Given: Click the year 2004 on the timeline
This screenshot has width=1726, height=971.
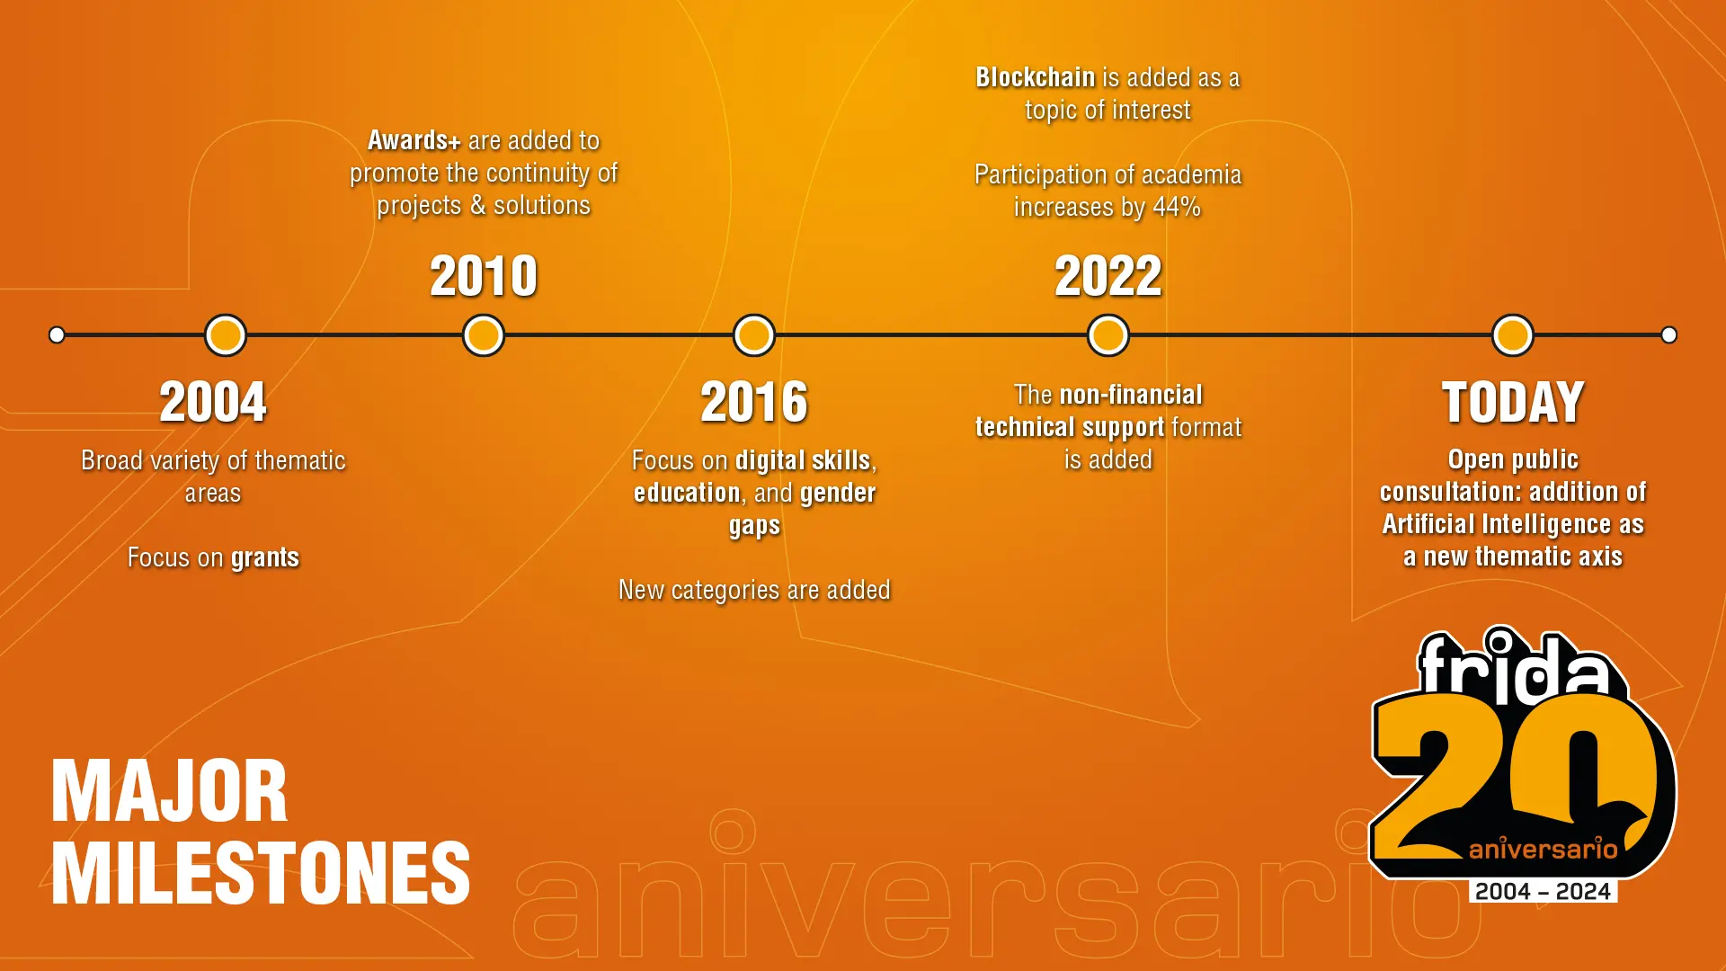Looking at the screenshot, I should click(x=213, y=402).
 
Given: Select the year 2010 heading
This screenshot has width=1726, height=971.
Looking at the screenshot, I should click(x=484, y=276).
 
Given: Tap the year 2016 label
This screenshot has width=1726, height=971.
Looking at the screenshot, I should click(x=754, y=402).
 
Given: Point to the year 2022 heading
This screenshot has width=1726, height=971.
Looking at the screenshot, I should click(x=1108, y=276).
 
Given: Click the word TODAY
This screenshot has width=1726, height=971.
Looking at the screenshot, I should click(x=1513, y=402).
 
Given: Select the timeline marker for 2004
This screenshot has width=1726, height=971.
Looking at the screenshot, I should click(x=226, y=335).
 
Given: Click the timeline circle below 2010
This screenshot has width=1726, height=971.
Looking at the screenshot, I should click(x=484, y=335).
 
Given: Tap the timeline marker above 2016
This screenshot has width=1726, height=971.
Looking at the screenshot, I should click(x=754, y=335).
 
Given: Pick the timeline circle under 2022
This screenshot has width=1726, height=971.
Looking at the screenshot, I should click(x=1108, y=335).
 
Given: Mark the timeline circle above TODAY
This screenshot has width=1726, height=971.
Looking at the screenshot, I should click(x=1513, y=335).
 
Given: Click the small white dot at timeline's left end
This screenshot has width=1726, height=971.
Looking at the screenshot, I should click(x=57, y=335).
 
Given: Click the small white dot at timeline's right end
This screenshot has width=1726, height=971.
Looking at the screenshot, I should click(x=1669, y=335).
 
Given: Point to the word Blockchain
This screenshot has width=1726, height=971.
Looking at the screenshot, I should click(x=1036, y=78).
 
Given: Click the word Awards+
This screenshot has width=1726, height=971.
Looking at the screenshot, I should click(x=414, y=141).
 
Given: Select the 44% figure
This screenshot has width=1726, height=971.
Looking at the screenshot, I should click(x=1177, y=207).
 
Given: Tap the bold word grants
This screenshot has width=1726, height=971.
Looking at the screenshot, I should click(x=264, y=558).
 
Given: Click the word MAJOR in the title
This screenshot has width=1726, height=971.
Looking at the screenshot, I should click(x=170, y=792).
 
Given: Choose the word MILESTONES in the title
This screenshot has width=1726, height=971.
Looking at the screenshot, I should click(x=261, y=873).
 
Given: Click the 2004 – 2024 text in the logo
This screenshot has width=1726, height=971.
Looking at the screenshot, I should click(x=1543, y=892).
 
